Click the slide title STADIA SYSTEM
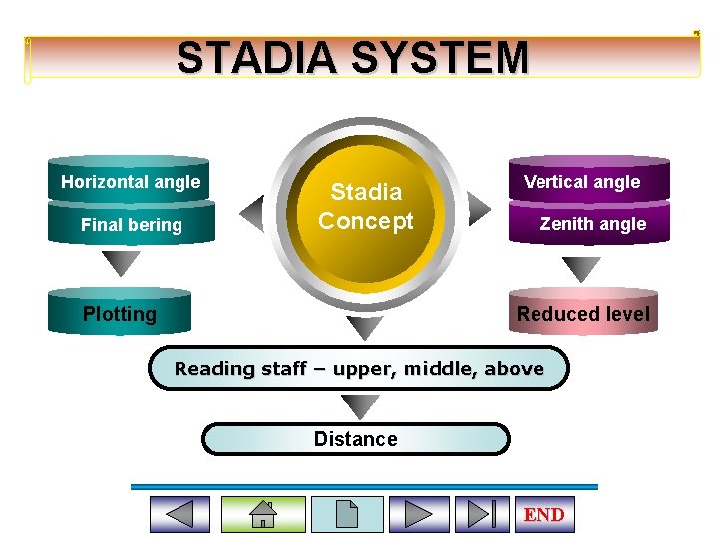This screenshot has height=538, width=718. point(352,58)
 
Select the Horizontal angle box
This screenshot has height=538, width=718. point(130,181)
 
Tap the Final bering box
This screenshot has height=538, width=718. point(131,224)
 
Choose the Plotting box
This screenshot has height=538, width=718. point(119,314)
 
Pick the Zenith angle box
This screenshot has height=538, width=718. point(591,224)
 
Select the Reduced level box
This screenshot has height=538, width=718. point(582,314)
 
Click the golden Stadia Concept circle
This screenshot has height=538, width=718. point(366,207)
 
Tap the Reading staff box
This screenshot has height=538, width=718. point(359,368)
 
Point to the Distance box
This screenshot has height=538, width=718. point(355,439)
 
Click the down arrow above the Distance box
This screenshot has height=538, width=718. point(360,406)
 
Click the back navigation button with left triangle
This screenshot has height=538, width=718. point(179,514)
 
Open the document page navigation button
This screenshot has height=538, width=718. point(347,514)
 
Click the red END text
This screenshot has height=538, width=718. point(543,514)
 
